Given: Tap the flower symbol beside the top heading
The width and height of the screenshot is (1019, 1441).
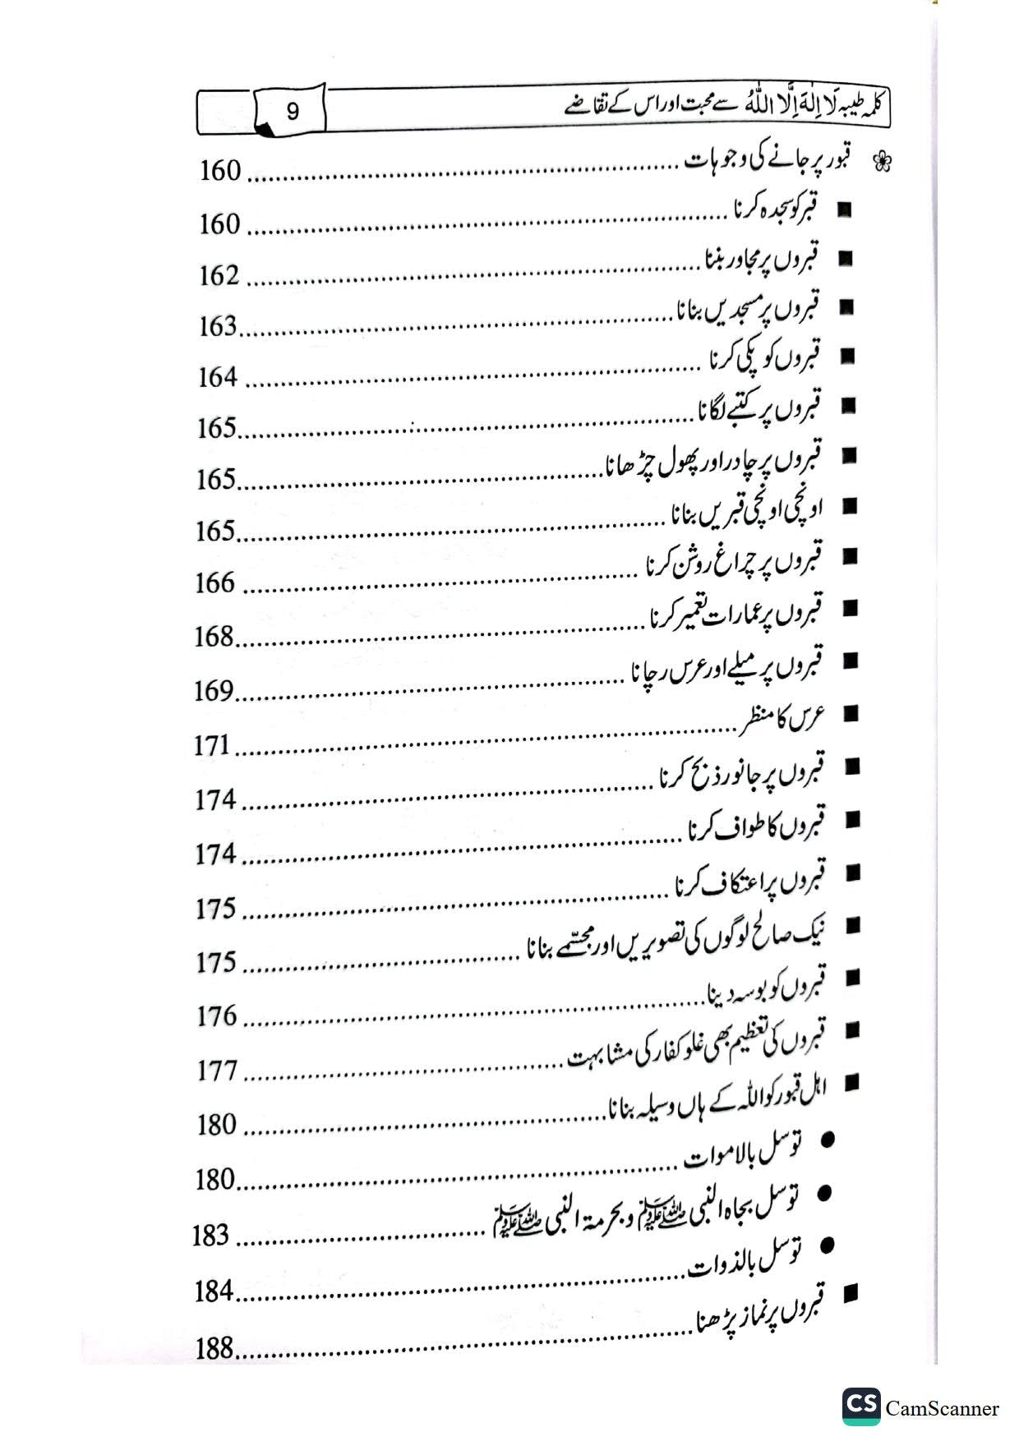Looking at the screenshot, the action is (x=882, y=162).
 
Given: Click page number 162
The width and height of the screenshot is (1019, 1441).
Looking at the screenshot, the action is (x=219, y=276).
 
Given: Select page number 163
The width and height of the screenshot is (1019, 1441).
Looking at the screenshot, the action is (x=218, y=327).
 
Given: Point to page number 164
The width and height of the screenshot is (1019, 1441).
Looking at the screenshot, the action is (x=218, y=378).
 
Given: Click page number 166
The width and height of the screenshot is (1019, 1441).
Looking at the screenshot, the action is (x=215, y=583).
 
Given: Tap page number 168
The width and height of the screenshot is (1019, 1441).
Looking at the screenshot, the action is (x=214, y=637).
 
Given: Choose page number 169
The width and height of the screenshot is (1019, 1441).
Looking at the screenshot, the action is (x=214, y=691).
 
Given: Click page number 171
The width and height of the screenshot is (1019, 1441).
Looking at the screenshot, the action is (x=211, y=746).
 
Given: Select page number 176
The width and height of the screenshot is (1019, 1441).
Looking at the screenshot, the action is (x=217, y=1016).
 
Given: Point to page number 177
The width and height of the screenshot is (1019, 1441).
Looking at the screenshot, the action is (x=217, y=1071).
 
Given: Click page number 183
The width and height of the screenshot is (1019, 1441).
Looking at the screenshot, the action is (x=210, y=1236).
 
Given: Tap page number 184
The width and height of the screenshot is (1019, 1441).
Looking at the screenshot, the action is (x=214, y=1291).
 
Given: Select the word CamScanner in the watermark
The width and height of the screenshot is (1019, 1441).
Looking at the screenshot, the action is (x=943, y=1409).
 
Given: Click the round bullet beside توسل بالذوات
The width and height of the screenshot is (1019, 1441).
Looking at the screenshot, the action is (x=827, y=1245).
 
